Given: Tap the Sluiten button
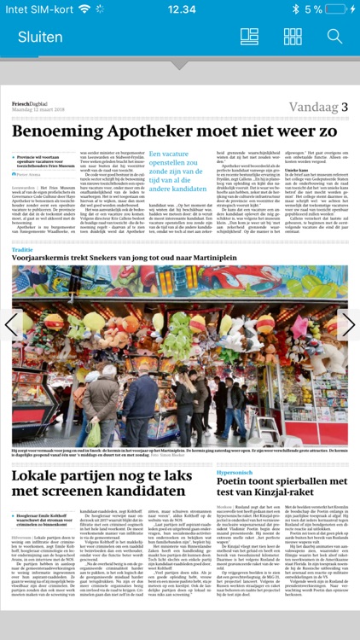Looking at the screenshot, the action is [40, 37].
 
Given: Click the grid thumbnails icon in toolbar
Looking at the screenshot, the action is [293, 37].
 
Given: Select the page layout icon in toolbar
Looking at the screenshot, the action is [249, 37].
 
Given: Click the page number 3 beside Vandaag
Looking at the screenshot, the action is [345, 107].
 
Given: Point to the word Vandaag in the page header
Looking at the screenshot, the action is [313, 107].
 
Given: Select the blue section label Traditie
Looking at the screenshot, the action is [23, 249].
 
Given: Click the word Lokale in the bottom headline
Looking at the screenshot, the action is [39, 475].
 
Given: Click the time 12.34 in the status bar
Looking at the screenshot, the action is [181, 9].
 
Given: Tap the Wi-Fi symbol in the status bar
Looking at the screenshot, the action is [83, 9].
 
